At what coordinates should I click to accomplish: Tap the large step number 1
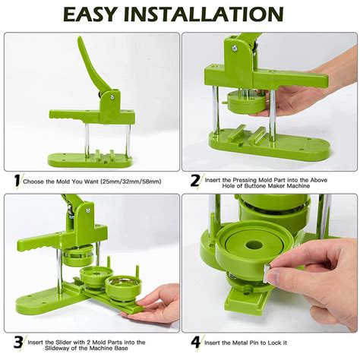coord(17,181)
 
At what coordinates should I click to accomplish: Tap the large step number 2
coord(195,181)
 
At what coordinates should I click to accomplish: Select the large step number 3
coord(18,343)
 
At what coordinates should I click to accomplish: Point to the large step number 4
coord(195,343)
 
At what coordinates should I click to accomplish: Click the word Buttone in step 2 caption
coord(256,186)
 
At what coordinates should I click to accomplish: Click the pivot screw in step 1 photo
coord(112,96)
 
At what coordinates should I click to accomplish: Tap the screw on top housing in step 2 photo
coord(234,47)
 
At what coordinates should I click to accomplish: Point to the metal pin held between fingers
coord(267,273)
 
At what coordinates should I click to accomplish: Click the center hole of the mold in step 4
coord(254,245)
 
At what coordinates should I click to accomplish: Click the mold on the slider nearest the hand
coord(120,287)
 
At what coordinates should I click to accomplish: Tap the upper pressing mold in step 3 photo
coord(77,256)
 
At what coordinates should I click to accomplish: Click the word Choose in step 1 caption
coord(33,182)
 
